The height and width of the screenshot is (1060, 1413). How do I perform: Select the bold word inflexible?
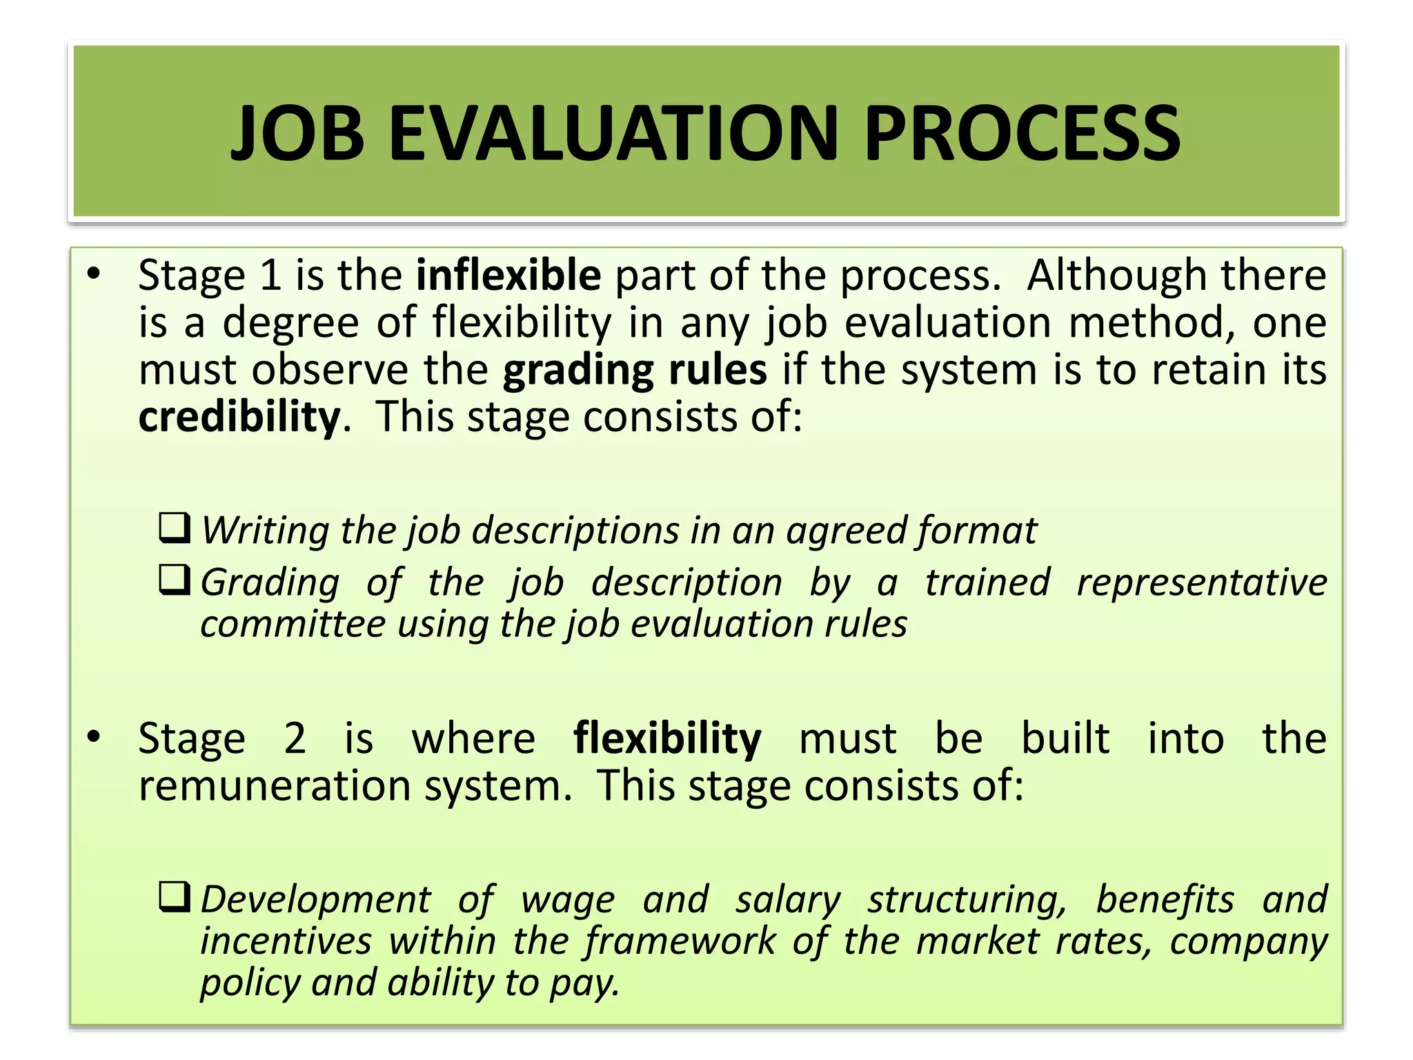tap(508, 275)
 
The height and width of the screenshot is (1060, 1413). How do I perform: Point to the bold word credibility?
tap(239, 417)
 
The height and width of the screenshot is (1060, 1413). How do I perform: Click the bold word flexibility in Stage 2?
tap(667, 738)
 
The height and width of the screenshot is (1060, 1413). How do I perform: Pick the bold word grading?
tap(577, 371)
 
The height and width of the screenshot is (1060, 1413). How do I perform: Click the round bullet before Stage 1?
tap(94, 274)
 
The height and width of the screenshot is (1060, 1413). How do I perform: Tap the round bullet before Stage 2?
tap(94, 737)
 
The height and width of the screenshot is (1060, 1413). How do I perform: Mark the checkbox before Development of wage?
tap(175, 897)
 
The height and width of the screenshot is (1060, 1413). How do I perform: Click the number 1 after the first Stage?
tap(270, 275)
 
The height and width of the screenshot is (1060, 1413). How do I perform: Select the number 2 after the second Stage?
tap(295, 738)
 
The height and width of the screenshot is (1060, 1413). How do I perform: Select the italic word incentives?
tap(286, 941)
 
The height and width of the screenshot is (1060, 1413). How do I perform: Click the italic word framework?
tap(680, 941)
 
